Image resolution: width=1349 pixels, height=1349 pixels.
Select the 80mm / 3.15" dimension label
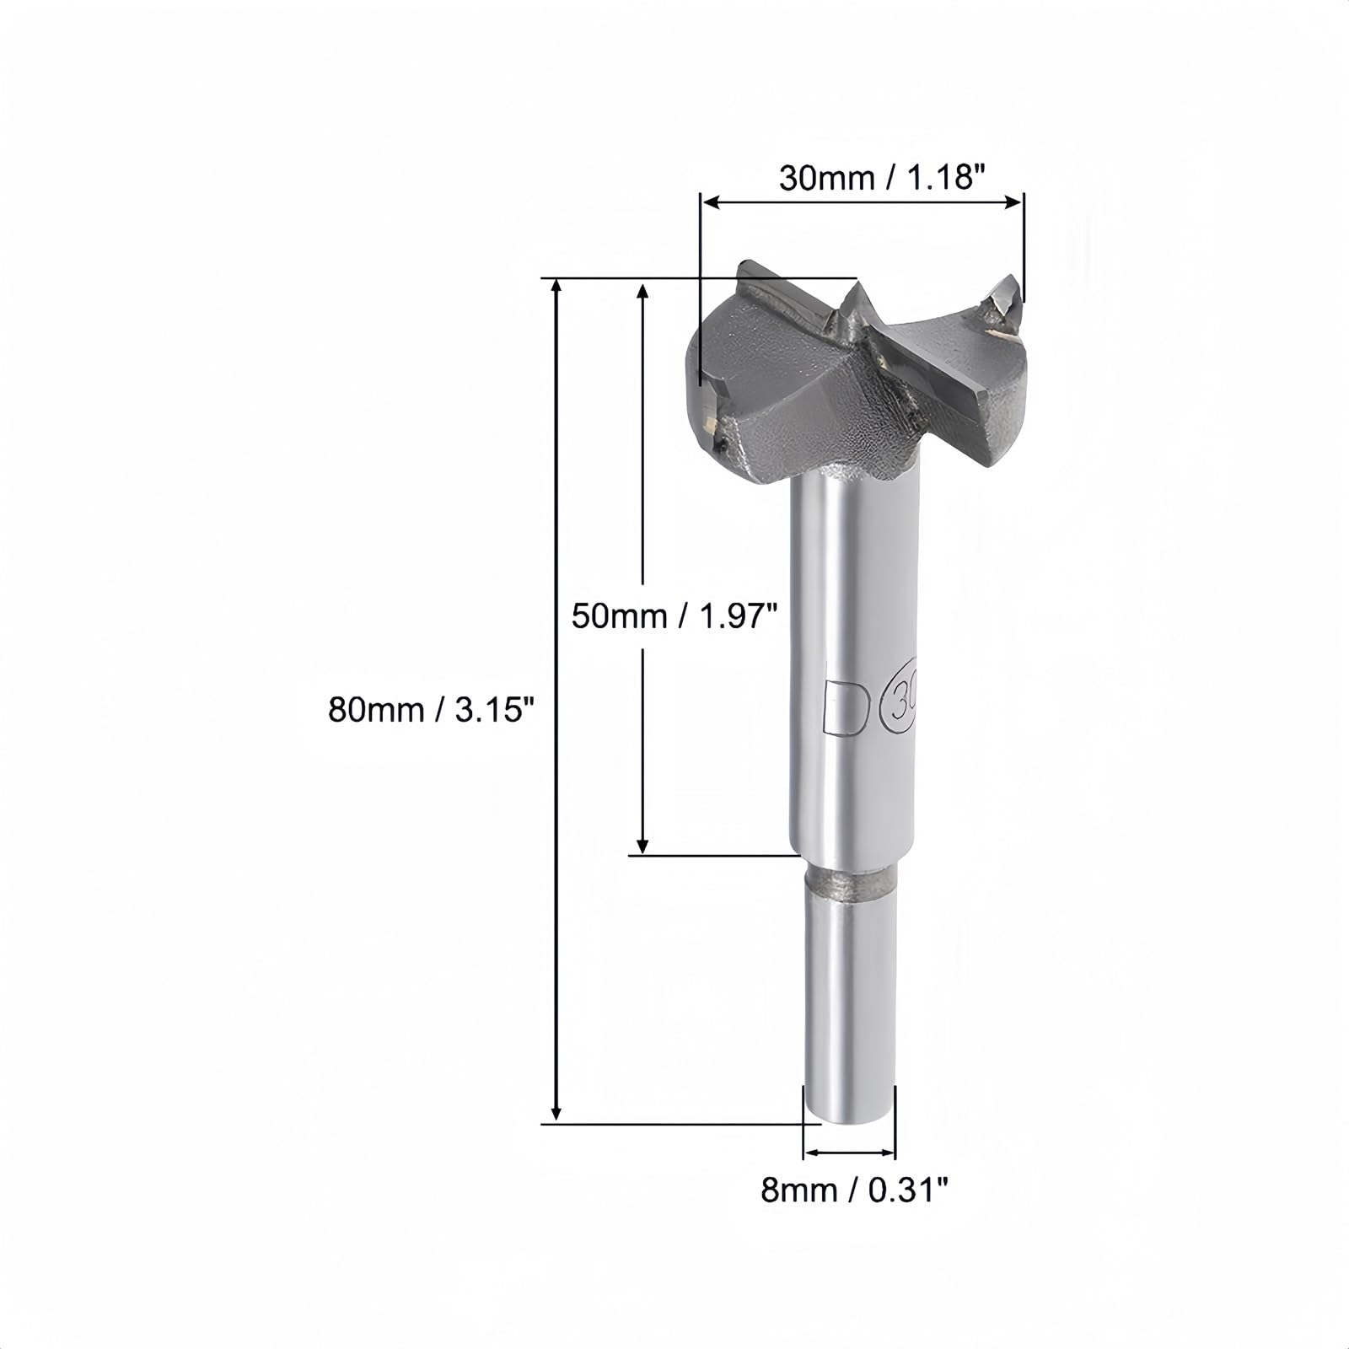tap(433, 710)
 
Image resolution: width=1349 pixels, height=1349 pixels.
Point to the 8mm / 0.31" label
tap(855, 1190)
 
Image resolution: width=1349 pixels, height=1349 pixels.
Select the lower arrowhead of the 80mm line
tap(556, 1112)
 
